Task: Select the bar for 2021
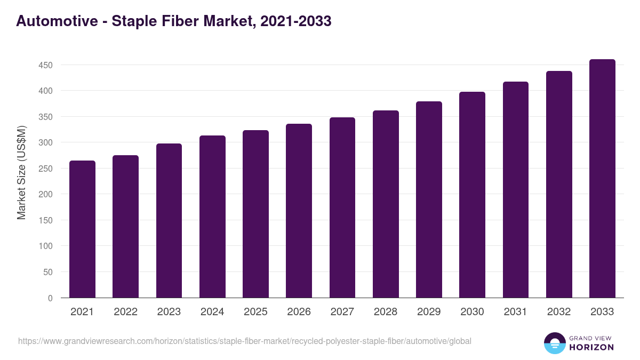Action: (82, 229)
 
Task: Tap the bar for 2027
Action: (342, 207)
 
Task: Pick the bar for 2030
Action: (472, 195)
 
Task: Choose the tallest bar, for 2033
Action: (602, 179)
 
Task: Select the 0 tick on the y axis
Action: (50, 298)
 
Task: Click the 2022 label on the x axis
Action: (125, 312)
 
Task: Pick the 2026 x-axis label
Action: (299, 312)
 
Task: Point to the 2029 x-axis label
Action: (429, 312)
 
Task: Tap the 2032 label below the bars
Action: (559, 312)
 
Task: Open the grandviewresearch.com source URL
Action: (245, 341)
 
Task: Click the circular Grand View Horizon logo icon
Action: (555, 343)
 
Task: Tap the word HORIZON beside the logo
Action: (592, 347)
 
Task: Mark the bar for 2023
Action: (169, 221)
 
